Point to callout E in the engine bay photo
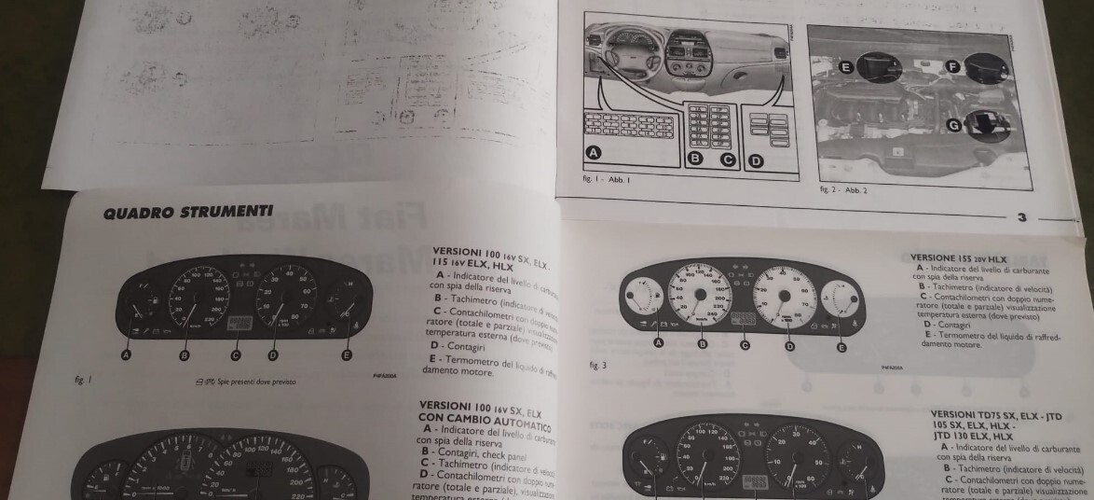[x=847, y=67]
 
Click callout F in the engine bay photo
[x=952, y=66]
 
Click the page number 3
[x=1021, y=217]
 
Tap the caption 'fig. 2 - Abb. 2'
[x=843, y=189]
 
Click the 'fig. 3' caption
[x=598, y=365]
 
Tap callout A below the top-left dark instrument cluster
[x=126, y=354]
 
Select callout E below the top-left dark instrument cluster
[x=347, y=354]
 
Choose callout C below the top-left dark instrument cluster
[x=236, y=354]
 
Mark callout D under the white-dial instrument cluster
[x=791, y=346]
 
